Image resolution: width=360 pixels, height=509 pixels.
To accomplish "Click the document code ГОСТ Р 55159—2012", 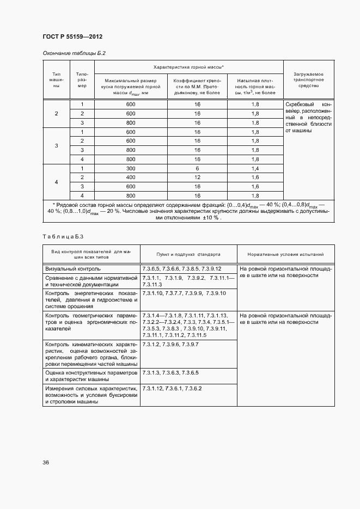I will [x=72, y=36].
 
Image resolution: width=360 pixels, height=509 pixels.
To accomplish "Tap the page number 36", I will [x=46, y=463].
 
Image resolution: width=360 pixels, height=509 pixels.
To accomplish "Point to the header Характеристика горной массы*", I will [x=188, y=66].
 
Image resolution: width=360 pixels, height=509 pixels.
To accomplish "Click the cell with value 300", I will [x=130, y=168].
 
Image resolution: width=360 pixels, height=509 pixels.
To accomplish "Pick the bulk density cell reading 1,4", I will [x=255, y=168].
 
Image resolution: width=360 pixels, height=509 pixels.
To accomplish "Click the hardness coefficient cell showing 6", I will [x=197, y=168].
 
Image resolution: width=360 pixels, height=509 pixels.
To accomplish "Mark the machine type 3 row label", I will [x=57, y=145].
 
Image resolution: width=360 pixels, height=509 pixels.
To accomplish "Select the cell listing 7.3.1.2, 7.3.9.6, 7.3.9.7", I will [x=170, y=345].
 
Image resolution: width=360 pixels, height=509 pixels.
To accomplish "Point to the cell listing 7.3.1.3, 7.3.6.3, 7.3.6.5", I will [x=170, y=372].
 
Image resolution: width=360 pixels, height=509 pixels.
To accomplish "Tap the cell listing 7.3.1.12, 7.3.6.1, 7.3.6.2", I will [x=172, y=388].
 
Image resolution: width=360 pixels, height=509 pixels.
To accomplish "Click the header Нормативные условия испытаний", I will [x=285, y=254].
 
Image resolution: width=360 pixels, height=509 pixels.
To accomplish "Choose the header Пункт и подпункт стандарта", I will [x=188, y=254].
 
